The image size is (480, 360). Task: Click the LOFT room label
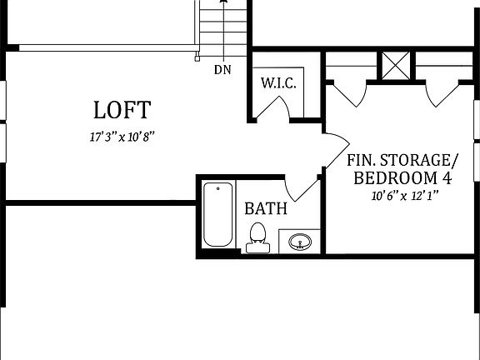(122, 109)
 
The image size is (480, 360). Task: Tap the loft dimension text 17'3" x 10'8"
(122, 137)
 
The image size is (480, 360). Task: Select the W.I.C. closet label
(278, 84)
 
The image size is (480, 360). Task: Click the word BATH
(266, 207)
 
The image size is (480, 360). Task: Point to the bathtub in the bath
(218, 214)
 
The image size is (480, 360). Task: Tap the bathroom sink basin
(300, 242)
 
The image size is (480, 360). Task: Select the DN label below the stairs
(222, 70)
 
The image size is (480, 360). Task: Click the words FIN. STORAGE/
(402, 159)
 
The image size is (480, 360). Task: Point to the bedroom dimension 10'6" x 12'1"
(404, 197)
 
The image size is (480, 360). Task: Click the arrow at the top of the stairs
(222, 4)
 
